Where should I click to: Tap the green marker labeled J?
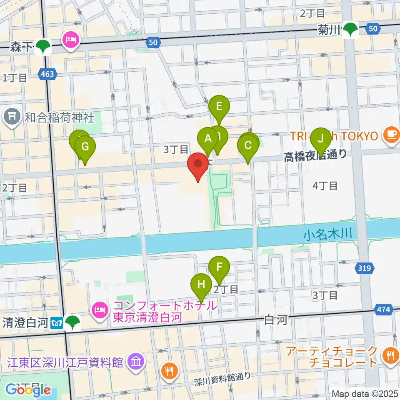[x=321, y=137]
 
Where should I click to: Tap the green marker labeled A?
[x=207, y=137]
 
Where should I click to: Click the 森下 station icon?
[x=43, y=47]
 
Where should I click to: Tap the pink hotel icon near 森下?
[x=70, y=40]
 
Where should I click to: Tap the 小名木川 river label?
[x=328, y=235]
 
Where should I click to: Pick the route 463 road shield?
[x=48, y=74]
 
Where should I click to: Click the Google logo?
[x=28, y=390]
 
